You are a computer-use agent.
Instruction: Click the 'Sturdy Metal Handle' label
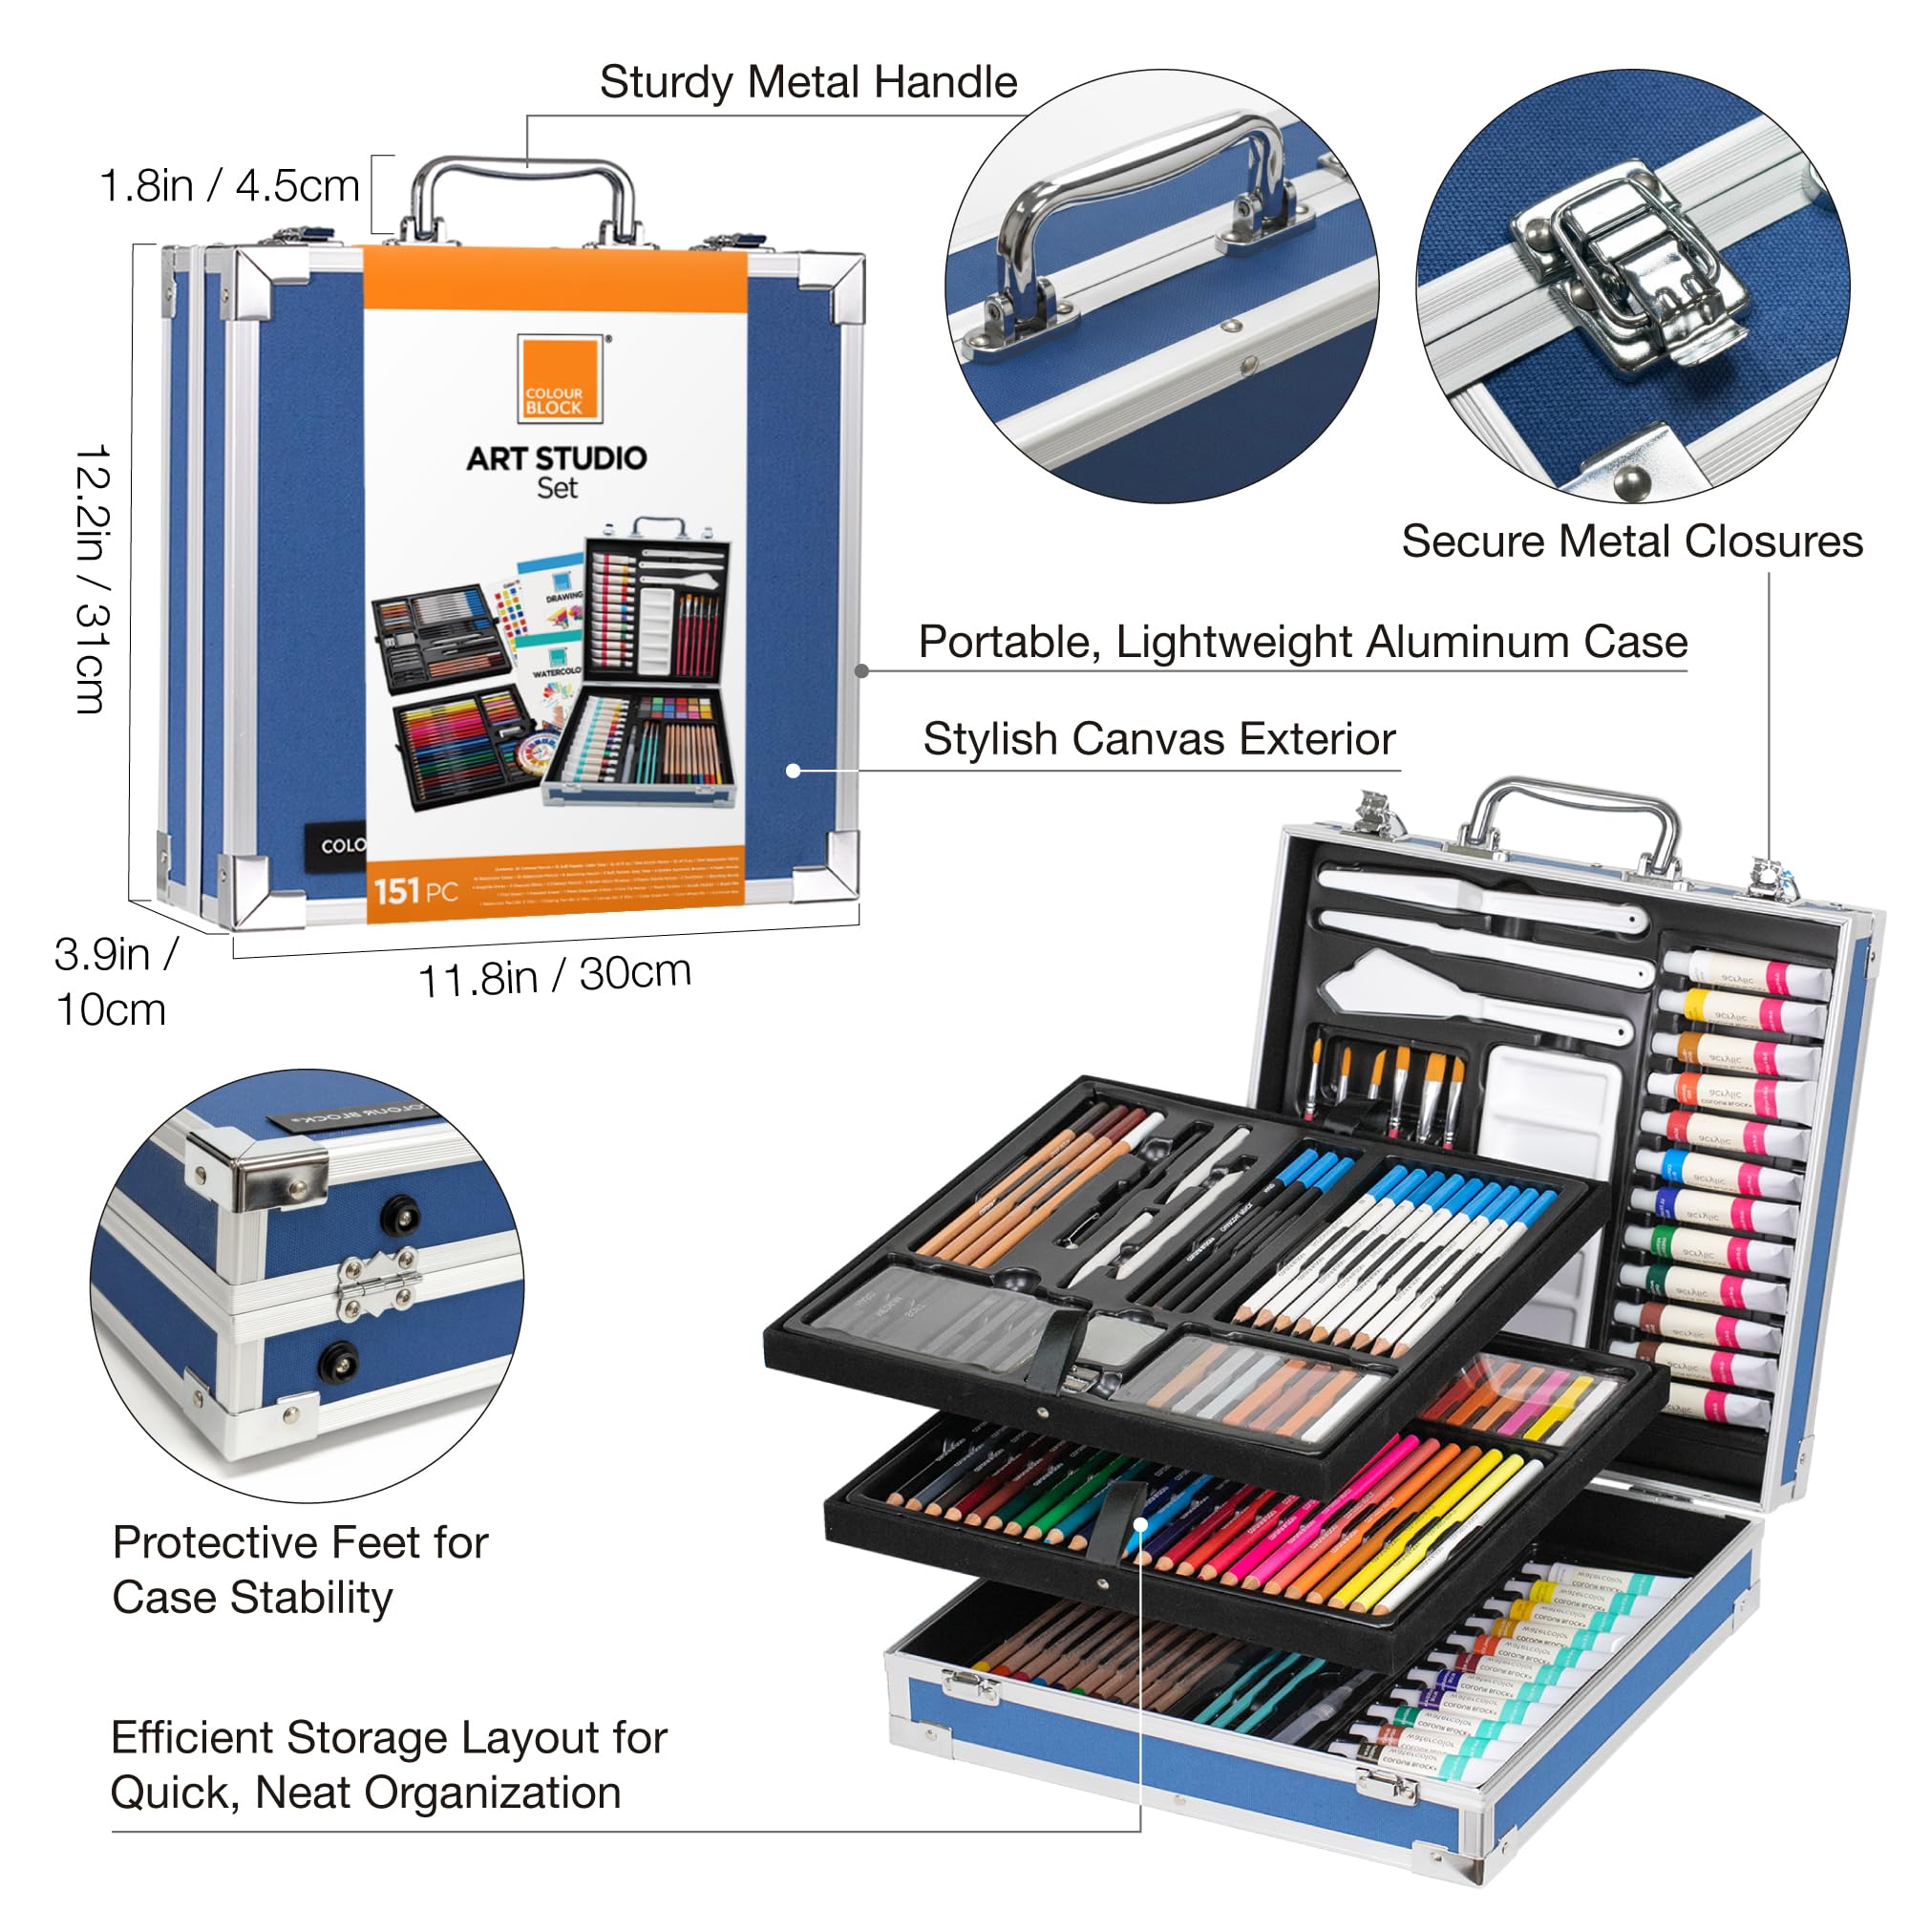808,82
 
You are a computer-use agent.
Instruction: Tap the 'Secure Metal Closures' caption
1631,541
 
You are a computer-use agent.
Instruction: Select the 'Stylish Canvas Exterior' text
1158,738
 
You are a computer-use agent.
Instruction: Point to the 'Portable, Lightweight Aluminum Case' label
1302,642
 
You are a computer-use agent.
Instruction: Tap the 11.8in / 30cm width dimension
554,977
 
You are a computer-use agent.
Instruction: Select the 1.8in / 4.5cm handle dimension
229,186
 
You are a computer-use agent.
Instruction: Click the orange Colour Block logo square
560,381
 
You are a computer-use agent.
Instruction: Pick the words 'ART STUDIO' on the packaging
557,457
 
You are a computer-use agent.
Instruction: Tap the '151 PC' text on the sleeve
415,892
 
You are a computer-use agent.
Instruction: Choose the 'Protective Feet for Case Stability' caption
300,1569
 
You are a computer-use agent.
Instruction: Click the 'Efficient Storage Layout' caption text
389,1765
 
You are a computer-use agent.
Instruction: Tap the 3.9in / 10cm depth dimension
114,981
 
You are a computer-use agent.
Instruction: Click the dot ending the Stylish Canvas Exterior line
793,770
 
